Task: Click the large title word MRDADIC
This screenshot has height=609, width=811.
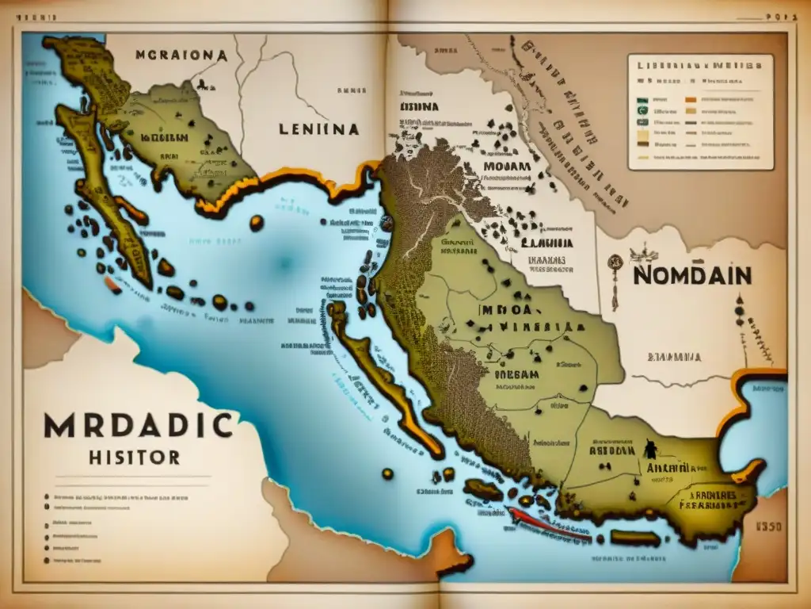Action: pyautogui.click(x=139, y=427)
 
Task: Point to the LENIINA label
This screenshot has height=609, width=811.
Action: pyautogui.click(x=318, y=128)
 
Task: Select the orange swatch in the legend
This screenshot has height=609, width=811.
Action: pyautogui.click(x=690, y=101)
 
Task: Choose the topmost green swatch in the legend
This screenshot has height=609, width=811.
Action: pyautogui.click(x=642, y=101)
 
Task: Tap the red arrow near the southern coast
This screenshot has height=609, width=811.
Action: pyautogui.click(x=546, y=524)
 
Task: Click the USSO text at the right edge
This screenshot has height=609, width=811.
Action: pyautogui.click(x=769, y=526)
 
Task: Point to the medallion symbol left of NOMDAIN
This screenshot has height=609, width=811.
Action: pyautogui.click(x=614, y=262)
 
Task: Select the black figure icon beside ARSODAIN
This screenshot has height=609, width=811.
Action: pyautogui.click(x=651, y=449)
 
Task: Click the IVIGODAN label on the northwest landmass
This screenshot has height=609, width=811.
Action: pyautogui.click(x=164, y=137)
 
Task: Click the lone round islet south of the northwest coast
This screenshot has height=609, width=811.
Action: pyautogui.click(x=256, y=223)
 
